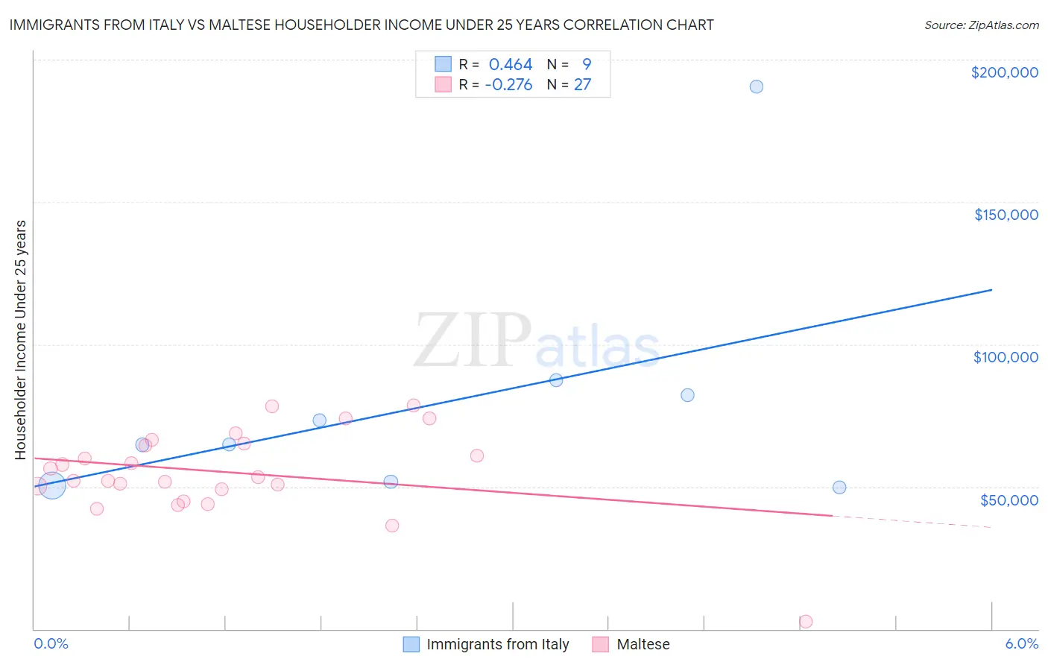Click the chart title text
[361, 25]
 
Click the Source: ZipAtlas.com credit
[981, 25]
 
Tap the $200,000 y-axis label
[1004, 72]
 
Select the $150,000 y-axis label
[1006, 215]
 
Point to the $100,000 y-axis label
[1006, 357]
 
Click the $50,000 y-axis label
[1008, 499]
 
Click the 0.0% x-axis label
[51, 643]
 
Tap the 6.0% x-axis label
[1021, 643]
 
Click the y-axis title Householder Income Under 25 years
[21, 339]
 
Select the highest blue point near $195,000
[756, 86]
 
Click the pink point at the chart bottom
[805, 621]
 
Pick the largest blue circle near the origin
[51, 485]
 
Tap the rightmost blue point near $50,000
[839, 488]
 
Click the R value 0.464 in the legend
[511, 65]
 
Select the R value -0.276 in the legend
[508, 85]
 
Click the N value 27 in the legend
[582, 85]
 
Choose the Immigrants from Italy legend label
[497, 644]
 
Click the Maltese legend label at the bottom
[643, 644]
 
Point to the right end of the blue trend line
[991, 289]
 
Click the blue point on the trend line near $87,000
[556, 379]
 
